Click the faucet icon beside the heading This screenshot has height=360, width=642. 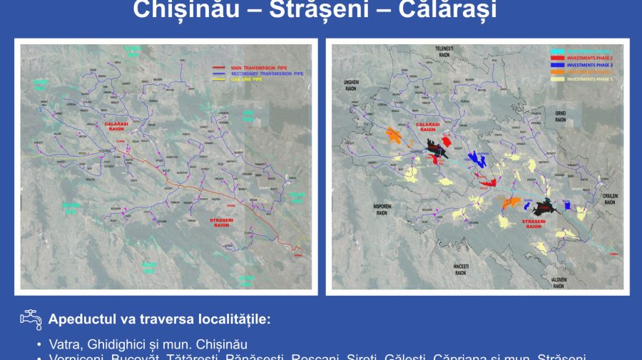point(30,319)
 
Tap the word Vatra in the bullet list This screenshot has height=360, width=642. point(64,344)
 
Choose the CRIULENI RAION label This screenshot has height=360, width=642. point(608,199)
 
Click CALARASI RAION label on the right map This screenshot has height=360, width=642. point(428,126)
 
